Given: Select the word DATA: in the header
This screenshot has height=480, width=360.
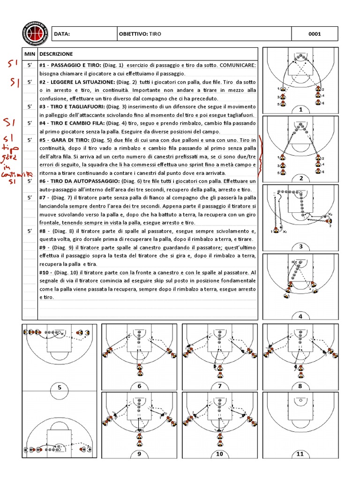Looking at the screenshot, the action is (62, 34).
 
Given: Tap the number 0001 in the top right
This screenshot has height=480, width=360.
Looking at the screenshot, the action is (314, 34).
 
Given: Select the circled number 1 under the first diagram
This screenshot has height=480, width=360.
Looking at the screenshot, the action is (300, 109).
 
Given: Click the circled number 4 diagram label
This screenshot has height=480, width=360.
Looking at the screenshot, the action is (300, 316).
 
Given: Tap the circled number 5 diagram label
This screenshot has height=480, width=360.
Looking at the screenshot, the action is (60, 388).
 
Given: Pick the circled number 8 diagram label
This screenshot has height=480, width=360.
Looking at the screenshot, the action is (300, 386).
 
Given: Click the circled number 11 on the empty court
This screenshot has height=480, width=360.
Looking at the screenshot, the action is (300, 454).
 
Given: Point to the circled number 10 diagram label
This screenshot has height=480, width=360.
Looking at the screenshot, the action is (220, 454).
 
